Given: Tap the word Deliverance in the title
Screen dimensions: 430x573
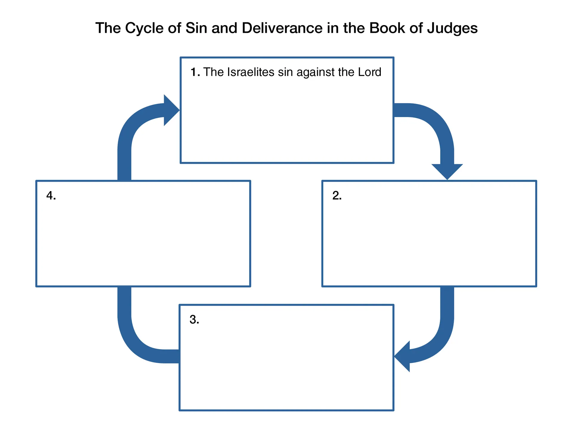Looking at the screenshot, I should point(282,28).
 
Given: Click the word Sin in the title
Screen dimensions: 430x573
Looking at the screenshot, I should point(196,28).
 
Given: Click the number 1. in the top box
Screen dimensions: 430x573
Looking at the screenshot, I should point(195,72).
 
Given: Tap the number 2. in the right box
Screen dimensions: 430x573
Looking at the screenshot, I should point(337,196).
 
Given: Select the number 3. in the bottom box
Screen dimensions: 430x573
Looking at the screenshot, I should point(194,320).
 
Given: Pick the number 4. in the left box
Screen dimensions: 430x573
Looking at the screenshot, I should point(51,196).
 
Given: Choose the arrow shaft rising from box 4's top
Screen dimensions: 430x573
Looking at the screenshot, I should point(124,161).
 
